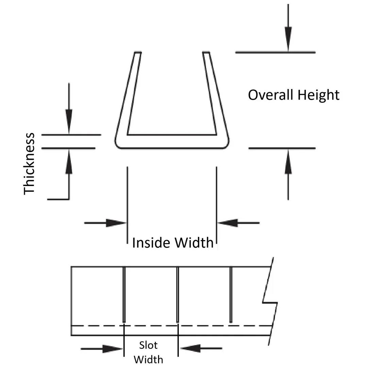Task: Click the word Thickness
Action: coord(29,164)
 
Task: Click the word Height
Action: coord(318,95)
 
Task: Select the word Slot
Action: coord(148,345)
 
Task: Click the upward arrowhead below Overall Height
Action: coord(288,160)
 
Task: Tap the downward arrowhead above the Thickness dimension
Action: coord(69,122)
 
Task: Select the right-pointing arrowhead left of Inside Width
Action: coord(116,223)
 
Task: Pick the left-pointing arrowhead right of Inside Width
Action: coord(228,223)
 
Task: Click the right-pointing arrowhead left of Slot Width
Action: coord(112,348)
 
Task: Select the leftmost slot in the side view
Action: coord(124,294)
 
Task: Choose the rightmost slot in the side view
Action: coord(231,294)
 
